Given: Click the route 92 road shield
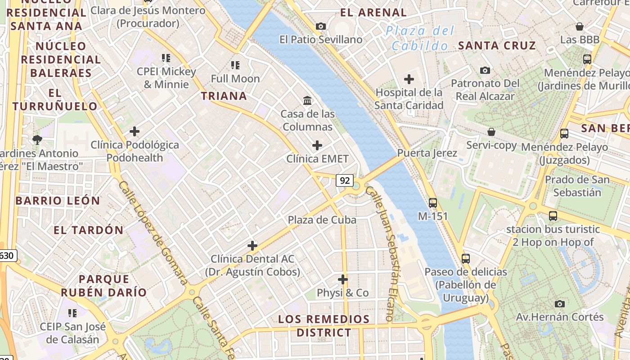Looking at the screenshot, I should pyautogui.click(x=345, y=180).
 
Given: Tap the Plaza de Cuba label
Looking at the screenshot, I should pyautogui.click(x=322, y=220).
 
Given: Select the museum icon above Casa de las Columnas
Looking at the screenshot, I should pyautogui.click(x=308, y=100).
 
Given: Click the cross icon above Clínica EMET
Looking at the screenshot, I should pyautogui.click(x=317, y=145).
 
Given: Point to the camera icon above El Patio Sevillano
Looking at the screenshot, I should pyautogui.click(x=321, y=26).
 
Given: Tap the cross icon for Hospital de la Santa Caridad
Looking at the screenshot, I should pyautogui.click(x=409, y=79).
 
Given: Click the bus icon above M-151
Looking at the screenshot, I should pyautogui.click(x=433, y=202).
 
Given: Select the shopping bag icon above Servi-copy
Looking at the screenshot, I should pyautogui.click(x=491, y=132).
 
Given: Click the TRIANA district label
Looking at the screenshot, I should pyautogui.click(x=224, y=96).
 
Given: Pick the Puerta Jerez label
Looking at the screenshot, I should pyautogui.click(x=427, y=153).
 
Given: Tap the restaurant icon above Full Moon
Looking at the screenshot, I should pyautogui.click(x=235, y=65).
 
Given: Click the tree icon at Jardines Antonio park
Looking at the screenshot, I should pyautogui.click(x=37, y=139).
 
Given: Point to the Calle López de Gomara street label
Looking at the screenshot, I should pyautogui.click(x=153, y=233).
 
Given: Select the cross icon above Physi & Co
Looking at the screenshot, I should pyautogui.click(x=343, y=279).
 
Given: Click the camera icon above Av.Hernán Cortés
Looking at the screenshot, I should pyautogui.click(x=560, y=304).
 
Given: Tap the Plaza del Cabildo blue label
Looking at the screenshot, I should pyautogui.click(x=420, y=38).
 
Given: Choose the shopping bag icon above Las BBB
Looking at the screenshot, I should pyautogui.click(x=580, y=27).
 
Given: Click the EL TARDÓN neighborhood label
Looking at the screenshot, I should pyautogui.click(x=88, y=230).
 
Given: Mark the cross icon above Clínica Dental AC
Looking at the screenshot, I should pyautogui.click(x=252, y=246).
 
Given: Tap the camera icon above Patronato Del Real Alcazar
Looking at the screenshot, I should pyautogui.click(x=485, y=70).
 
